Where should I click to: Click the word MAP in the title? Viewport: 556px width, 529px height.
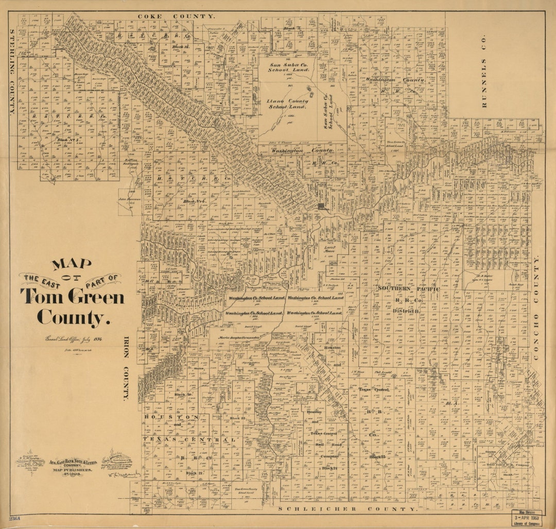tap(72, 264)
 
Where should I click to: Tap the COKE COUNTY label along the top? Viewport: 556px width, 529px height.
tap(176, 16)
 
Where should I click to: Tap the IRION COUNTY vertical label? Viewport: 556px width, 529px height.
tap(125, 369)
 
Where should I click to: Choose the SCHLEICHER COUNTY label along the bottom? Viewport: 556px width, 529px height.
tap(347, 508)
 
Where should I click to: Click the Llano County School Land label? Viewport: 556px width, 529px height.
tap(288, 104)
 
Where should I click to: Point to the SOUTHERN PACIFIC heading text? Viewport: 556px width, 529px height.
tap(408, 289)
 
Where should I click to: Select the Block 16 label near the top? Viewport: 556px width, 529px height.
tap(181, 46)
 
